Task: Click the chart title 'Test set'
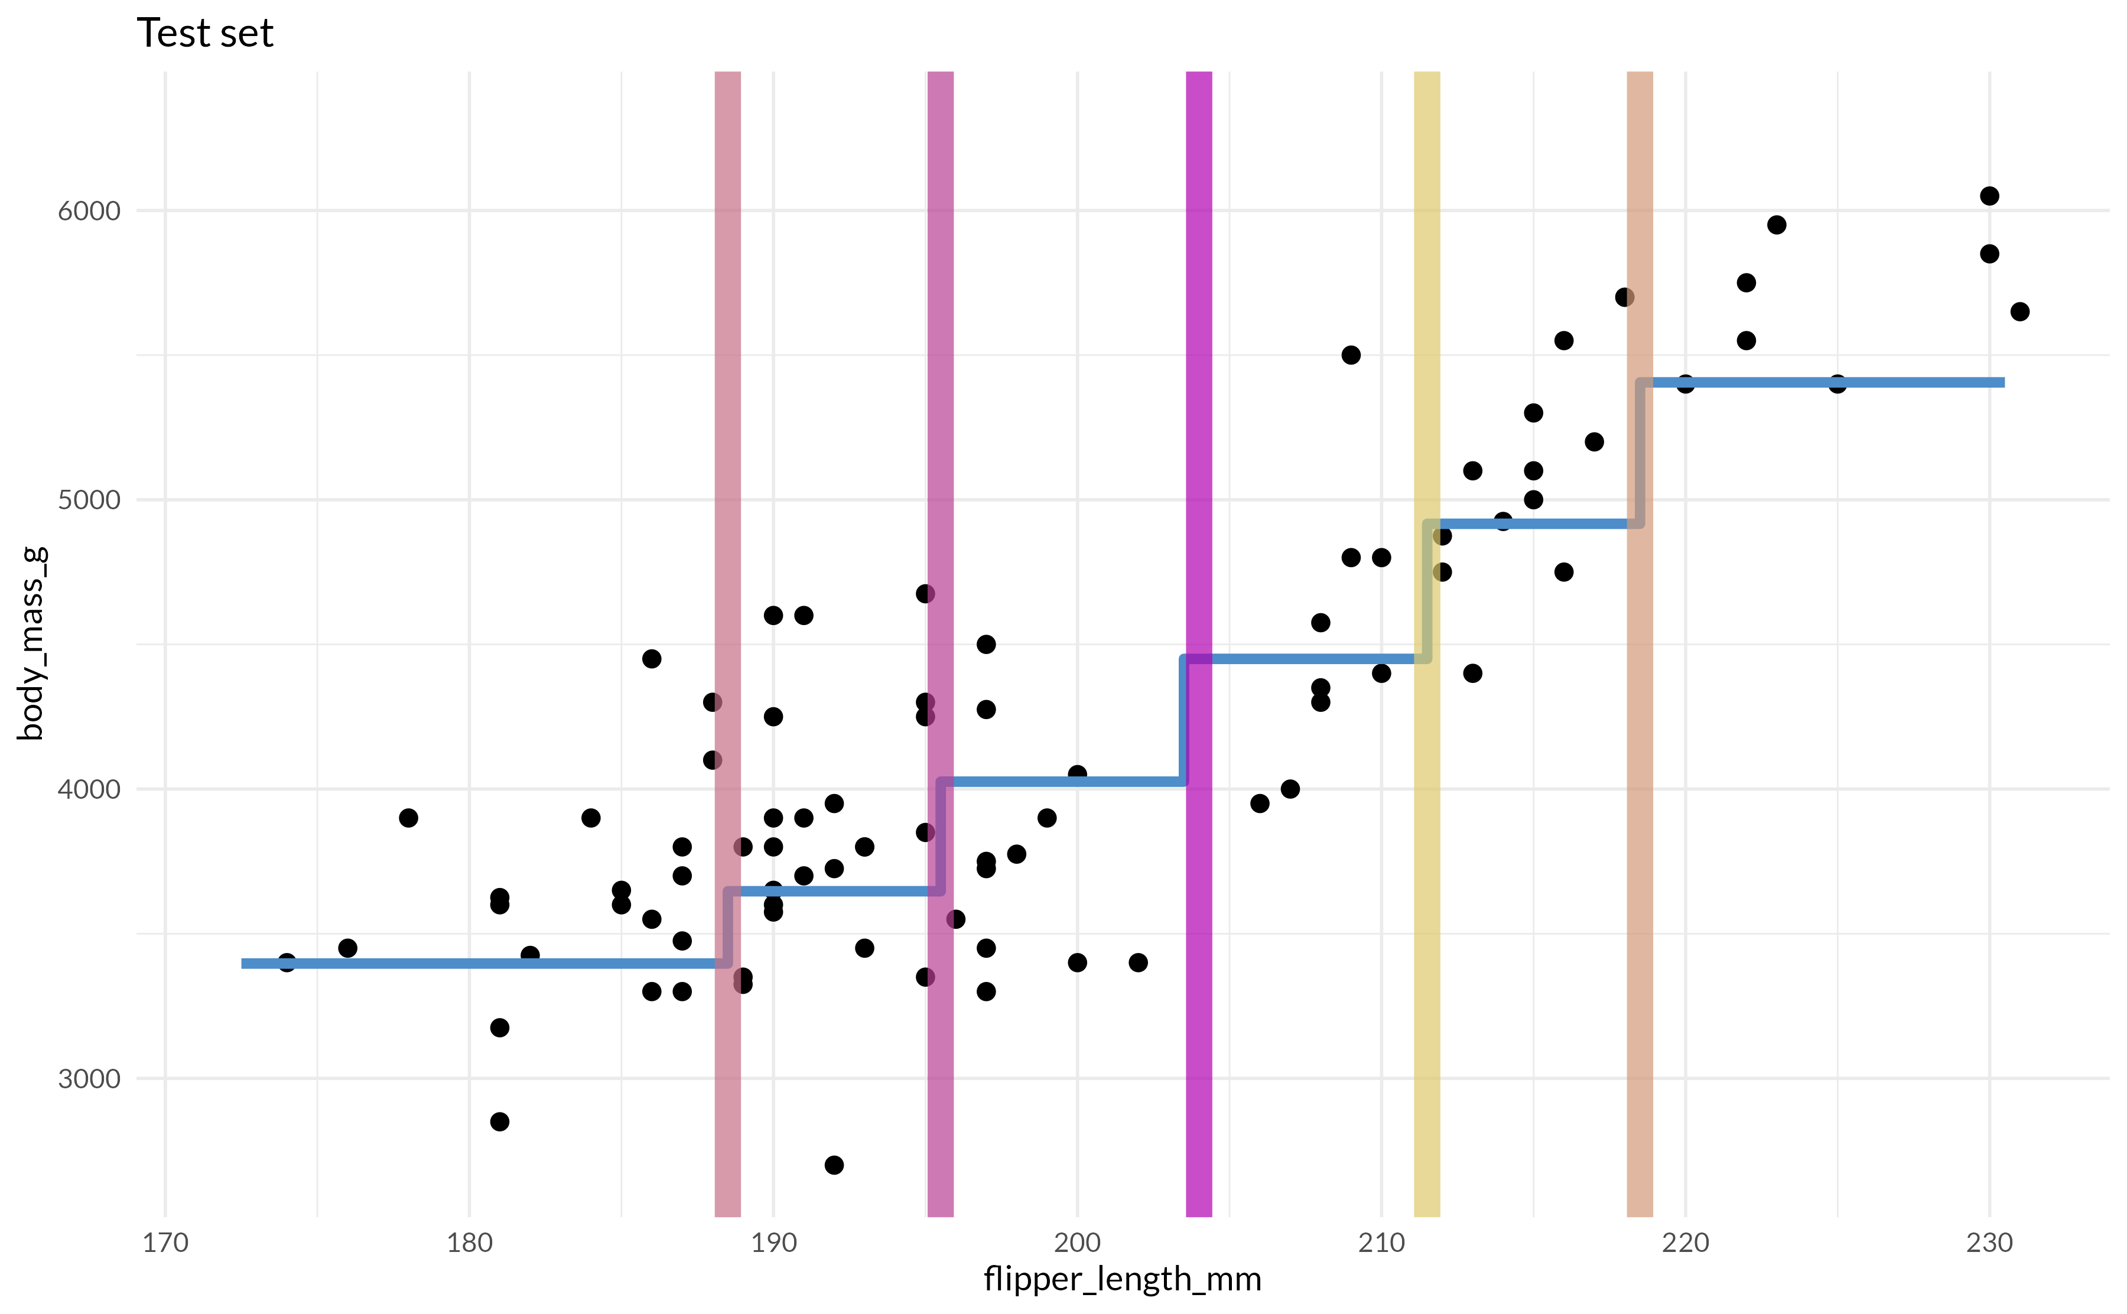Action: [205, 33]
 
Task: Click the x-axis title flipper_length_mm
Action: [1122, 1279]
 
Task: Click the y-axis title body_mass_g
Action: [31, 643]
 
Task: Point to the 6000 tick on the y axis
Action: [89, 210]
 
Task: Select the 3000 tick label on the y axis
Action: [89, 1078]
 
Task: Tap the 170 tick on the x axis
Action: [165, 1243]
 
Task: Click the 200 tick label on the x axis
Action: [1078, 1243]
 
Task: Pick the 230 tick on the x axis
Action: [1989, 1243]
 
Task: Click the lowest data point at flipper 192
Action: [834, 1165]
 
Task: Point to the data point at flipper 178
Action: [408, 818]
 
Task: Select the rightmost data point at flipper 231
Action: [2020, 311]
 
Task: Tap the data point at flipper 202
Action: [1138, 962]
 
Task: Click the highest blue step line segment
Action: [1824, 382]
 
